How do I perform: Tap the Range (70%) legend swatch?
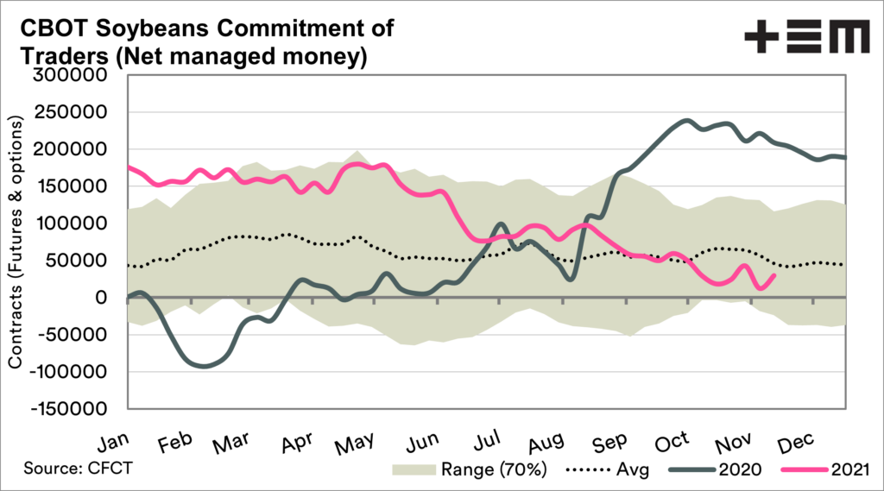[413, 471]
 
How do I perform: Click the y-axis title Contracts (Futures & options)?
[16, 242]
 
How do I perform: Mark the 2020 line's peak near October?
[687, 120]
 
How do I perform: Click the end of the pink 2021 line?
[774, 274]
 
